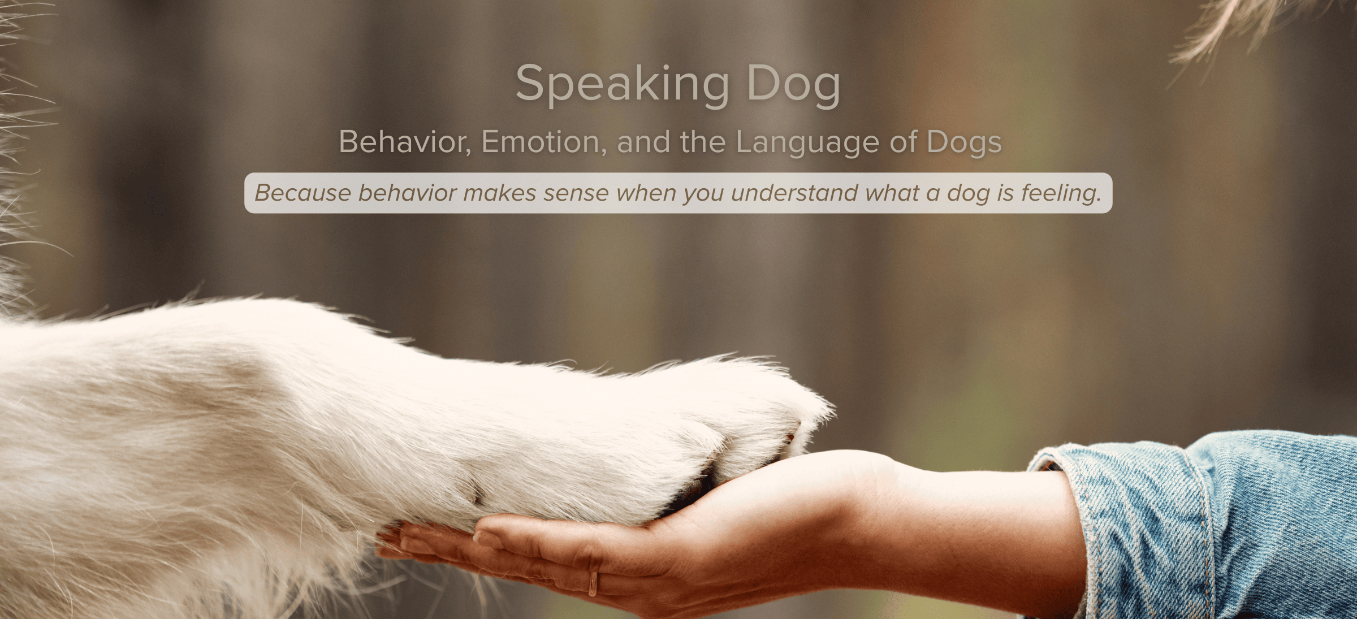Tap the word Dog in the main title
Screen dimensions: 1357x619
coord(793,85)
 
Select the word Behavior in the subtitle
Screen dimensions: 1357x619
coord(405,141)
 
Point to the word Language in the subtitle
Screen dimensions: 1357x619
coord(807,142)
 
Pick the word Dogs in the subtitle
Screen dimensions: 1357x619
coord(964,142)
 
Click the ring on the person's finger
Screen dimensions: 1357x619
coord(593,583)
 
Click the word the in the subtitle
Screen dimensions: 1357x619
coord(703,141)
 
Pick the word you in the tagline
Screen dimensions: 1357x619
coord(703,195)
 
